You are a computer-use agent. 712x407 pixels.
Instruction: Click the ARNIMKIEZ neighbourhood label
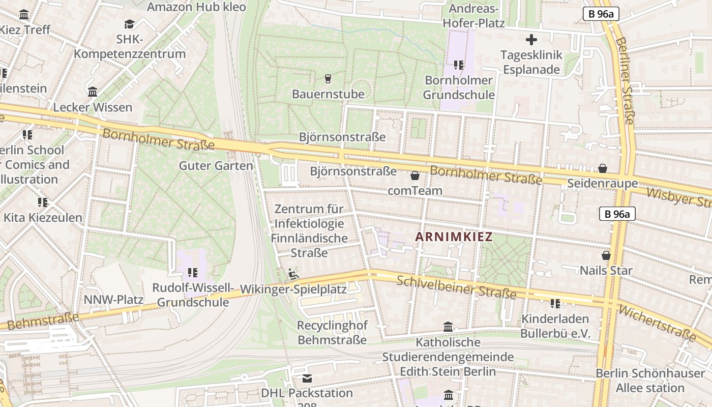454,237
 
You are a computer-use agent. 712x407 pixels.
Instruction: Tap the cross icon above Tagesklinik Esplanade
531,40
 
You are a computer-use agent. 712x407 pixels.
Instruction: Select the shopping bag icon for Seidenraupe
603,168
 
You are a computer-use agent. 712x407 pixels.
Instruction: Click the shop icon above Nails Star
606,255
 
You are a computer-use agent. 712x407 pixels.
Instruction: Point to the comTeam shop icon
415,176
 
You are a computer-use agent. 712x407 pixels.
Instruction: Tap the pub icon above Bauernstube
328,79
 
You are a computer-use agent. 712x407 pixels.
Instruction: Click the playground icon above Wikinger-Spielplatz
293,275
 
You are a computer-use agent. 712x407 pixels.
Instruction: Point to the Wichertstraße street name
657,323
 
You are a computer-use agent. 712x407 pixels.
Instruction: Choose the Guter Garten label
216,166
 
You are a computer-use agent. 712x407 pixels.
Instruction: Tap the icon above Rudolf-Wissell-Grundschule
192,273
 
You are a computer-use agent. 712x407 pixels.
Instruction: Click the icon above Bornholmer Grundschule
459,65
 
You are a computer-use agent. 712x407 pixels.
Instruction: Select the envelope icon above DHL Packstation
307,379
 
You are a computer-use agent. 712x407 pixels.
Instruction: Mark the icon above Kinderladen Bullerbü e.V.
555,304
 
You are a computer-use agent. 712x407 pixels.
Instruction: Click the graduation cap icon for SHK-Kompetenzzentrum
129,24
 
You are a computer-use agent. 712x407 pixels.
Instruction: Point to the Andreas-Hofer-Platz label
473,16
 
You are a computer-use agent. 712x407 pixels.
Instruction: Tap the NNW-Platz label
113,300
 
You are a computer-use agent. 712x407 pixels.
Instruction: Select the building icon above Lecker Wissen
93,93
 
